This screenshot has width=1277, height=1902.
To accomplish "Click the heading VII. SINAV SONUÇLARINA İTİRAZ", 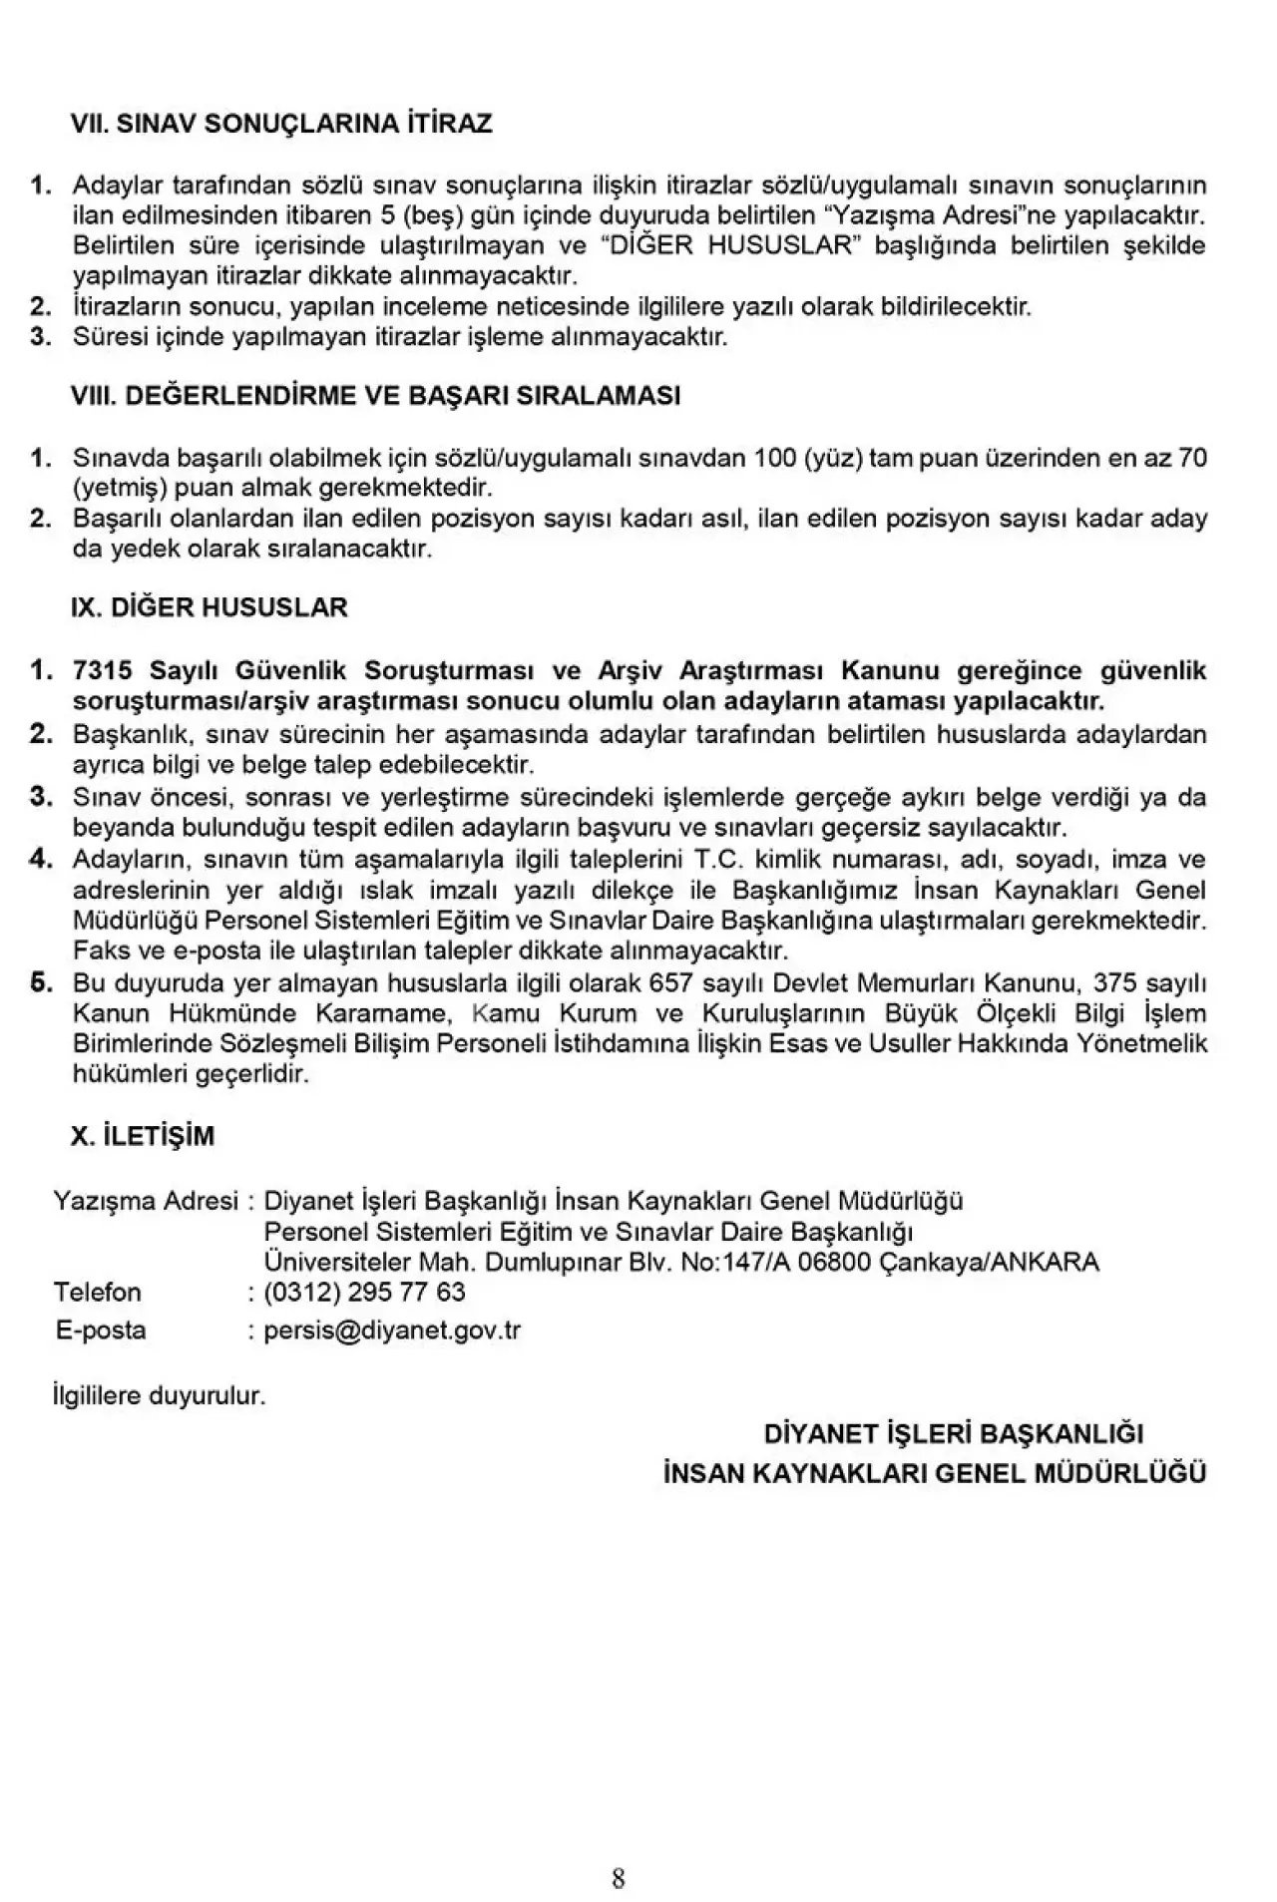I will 281,124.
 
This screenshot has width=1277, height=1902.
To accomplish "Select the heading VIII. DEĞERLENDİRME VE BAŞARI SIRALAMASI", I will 375,396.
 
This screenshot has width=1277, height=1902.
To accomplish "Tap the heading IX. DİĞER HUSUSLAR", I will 209,607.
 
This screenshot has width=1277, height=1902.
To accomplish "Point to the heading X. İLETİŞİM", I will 142,1136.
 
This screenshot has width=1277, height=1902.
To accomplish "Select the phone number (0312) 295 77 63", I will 364,1293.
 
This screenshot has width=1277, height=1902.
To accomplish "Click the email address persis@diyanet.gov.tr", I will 392,1331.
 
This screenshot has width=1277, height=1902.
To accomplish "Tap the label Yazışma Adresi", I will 146,1201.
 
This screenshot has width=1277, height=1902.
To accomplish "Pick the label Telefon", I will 98,1293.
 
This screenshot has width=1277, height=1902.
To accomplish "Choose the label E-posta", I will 101,1331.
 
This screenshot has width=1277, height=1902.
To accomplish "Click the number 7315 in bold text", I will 102,670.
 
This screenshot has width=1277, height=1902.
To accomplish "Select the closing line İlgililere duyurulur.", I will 160,1395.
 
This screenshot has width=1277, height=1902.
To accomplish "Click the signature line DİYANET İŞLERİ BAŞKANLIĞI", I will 953,1434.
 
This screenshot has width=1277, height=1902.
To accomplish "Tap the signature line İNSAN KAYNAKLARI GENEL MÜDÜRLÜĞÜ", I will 934,1473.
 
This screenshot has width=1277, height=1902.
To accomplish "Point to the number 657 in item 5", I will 670,984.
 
